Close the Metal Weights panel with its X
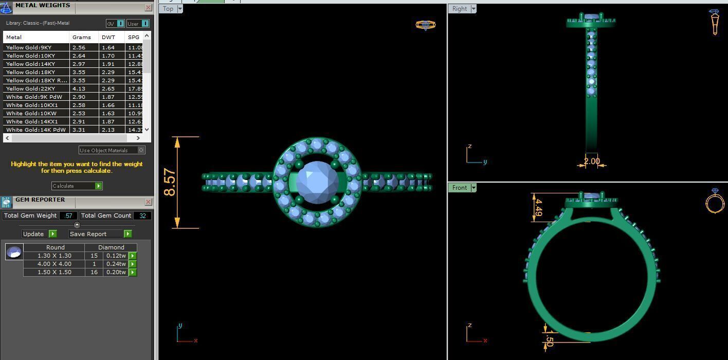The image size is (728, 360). pos(148,8)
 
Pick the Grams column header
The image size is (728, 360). pos(82,37)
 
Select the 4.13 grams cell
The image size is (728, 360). pos(78,88)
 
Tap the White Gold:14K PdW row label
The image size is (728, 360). pos(36,130)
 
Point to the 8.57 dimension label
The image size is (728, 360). pos(170,182)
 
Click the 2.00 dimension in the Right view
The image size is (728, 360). pos(592,161)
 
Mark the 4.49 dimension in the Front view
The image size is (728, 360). pos(538,207)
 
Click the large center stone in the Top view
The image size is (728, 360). pos(317,182)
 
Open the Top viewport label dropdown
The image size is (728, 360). pos(180,9)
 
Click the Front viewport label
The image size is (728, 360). pos(459,188)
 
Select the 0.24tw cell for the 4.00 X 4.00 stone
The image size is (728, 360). pos(116,264)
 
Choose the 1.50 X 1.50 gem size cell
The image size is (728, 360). pos(54,272)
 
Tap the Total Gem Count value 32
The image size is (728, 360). pos(142,215)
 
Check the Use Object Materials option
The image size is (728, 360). pos(141,150)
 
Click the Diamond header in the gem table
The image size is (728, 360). pos(111,247)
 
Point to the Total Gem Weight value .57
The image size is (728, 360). pos(68,215)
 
